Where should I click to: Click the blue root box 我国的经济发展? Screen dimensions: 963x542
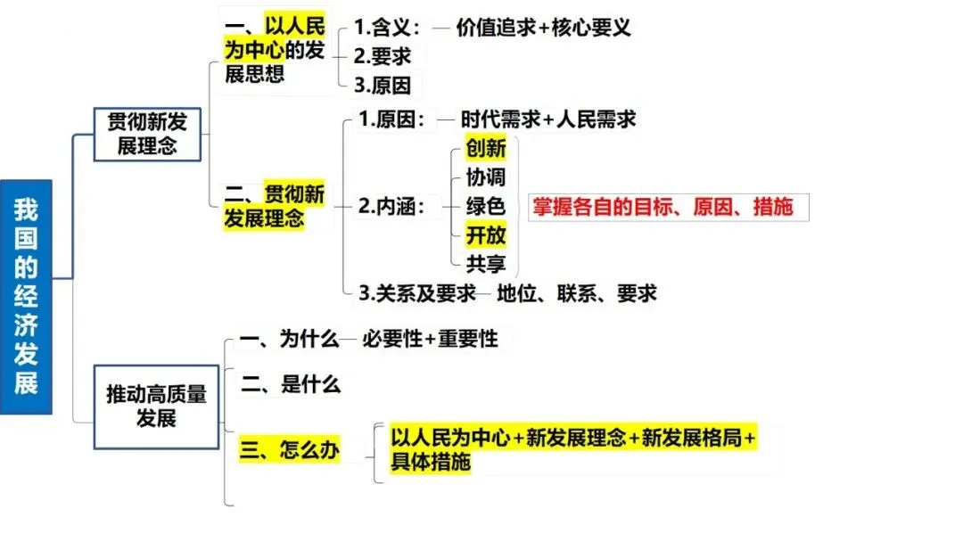coord(26,297)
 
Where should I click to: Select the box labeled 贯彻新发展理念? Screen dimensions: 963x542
coord(147,134)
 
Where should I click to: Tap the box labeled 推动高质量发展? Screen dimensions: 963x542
coord(156,406)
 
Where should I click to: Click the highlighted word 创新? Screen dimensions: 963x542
coord(486,147)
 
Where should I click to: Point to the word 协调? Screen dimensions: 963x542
coord(486,177)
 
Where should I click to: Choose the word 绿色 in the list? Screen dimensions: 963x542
coord(486,206)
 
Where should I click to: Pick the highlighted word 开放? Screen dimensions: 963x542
coord(486,235)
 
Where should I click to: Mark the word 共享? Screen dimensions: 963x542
coord(486,264)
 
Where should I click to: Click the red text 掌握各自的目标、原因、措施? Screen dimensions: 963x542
coord(662,207)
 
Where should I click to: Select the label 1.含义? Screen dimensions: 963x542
coord(386,27)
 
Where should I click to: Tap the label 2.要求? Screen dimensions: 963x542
coord(383,56)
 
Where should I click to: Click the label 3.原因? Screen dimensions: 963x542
coord(383,86)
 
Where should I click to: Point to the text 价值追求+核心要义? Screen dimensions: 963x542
coord(543,27)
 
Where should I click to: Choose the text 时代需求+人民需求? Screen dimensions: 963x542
coord(548,119)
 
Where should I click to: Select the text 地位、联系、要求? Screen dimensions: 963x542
coord(577,292)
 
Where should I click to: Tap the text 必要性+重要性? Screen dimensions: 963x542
coord(430,340)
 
